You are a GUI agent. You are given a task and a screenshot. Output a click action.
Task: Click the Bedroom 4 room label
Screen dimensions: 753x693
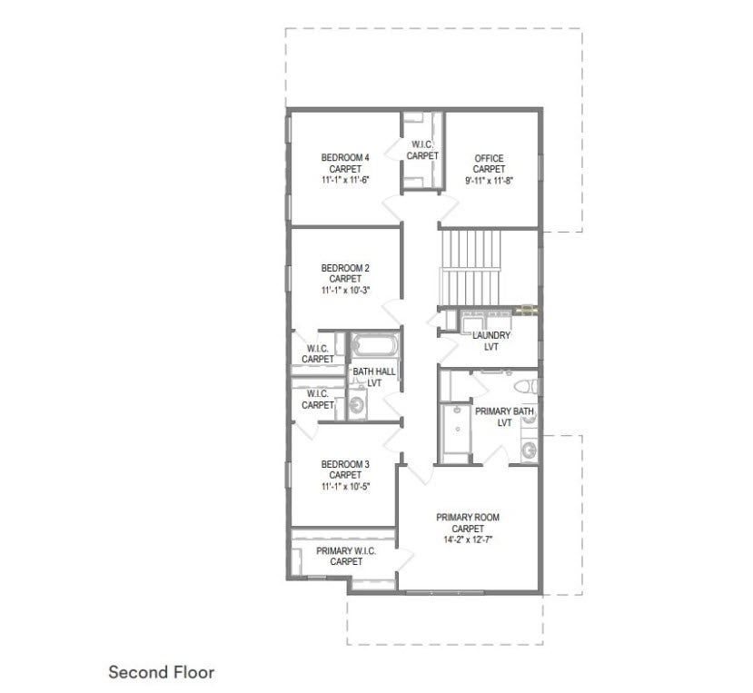(345, 157)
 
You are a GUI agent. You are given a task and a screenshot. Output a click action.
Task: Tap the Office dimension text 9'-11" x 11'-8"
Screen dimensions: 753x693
(489, 181)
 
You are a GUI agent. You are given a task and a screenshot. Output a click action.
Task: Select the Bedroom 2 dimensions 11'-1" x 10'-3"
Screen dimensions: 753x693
(345, 290)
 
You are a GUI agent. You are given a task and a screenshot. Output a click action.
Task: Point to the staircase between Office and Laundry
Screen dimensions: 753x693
(471, 268)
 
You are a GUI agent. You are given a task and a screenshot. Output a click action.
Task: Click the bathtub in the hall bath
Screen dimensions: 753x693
(374, 345)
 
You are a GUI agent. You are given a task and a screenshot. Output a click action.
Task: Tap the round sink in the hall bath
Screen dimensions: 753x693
(356, 406)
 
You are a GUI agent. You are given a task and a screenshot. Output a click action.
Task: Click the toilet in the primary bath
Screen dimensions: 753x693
(525, 386)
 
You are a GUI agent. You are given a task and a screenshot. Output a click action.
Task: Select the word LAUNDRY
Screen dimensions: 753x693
(491, 335)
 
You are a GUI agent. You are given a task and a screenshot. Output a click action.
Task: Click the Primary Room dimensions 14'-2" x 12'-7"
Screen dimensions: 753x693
(468, 540)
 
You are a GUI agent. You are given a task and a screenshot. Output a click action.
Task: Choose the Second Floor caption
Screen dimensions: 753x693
(162, 672)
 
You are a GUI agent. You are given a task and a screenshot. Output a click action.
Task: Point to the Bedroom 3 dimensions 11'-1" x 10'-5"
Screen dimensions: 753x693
(345, 486)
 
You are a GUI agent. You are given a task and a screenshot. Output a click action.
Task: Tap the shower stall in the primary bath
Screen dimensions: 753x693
(456, 429)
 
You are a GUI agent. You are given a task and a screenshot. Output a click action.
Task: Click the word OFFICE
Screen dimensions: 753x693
(489, 158)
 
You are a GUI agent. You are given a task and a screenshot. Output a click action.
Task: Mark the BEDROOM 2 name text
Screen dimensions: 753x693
(345, 268)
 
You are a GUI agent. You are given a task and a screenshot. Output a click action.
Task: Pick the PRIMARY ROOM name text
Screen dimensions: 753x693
(468, 517)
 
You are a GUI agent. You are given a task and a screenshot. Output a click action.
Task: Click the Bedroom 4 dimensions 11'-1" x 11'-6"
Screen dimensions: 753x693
(345, 180)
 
